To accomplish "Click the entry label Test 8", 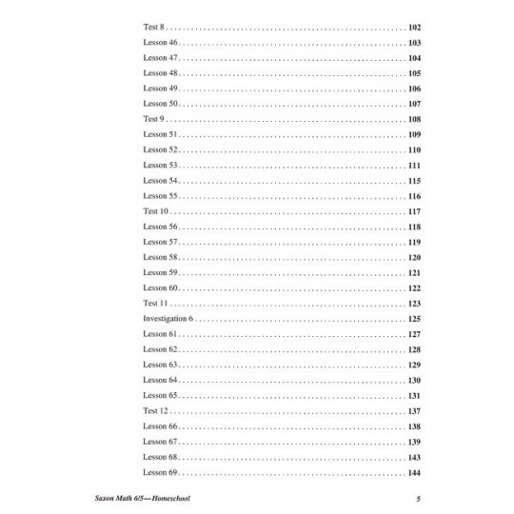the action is pos(153,29).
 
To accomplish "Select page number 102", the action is pos(413,29).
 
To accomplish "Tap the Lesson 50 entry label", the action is pos(160,103).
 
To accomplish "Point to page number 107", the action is pos(413,103).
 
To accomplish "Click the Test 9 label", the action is pos(153,118).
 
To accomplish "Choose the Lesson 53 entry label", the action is pos(160,165).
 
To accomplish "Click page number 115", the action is pos(413,180).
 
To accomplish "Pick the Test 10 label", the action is pos(155,210).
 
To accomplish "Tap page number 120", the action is pos(413,257).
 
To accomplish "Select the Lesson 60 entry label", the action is pos(160,287).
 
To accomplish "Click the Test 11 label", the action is pos(155,303).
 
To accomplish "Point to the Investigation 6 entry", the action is pos(168,318).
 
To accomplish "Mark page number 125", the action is pos(413,318).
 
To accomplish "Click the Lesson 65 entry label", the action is pos(160,395).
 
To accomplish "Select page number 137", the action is pos(413,410).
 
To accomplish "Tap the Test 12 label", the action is pos(155,410).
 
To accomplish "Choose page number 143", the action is pos(413,457).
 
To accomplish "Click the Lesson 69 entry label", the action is pos(160,472).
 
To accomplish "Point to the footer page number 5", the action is pos(418,497).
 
